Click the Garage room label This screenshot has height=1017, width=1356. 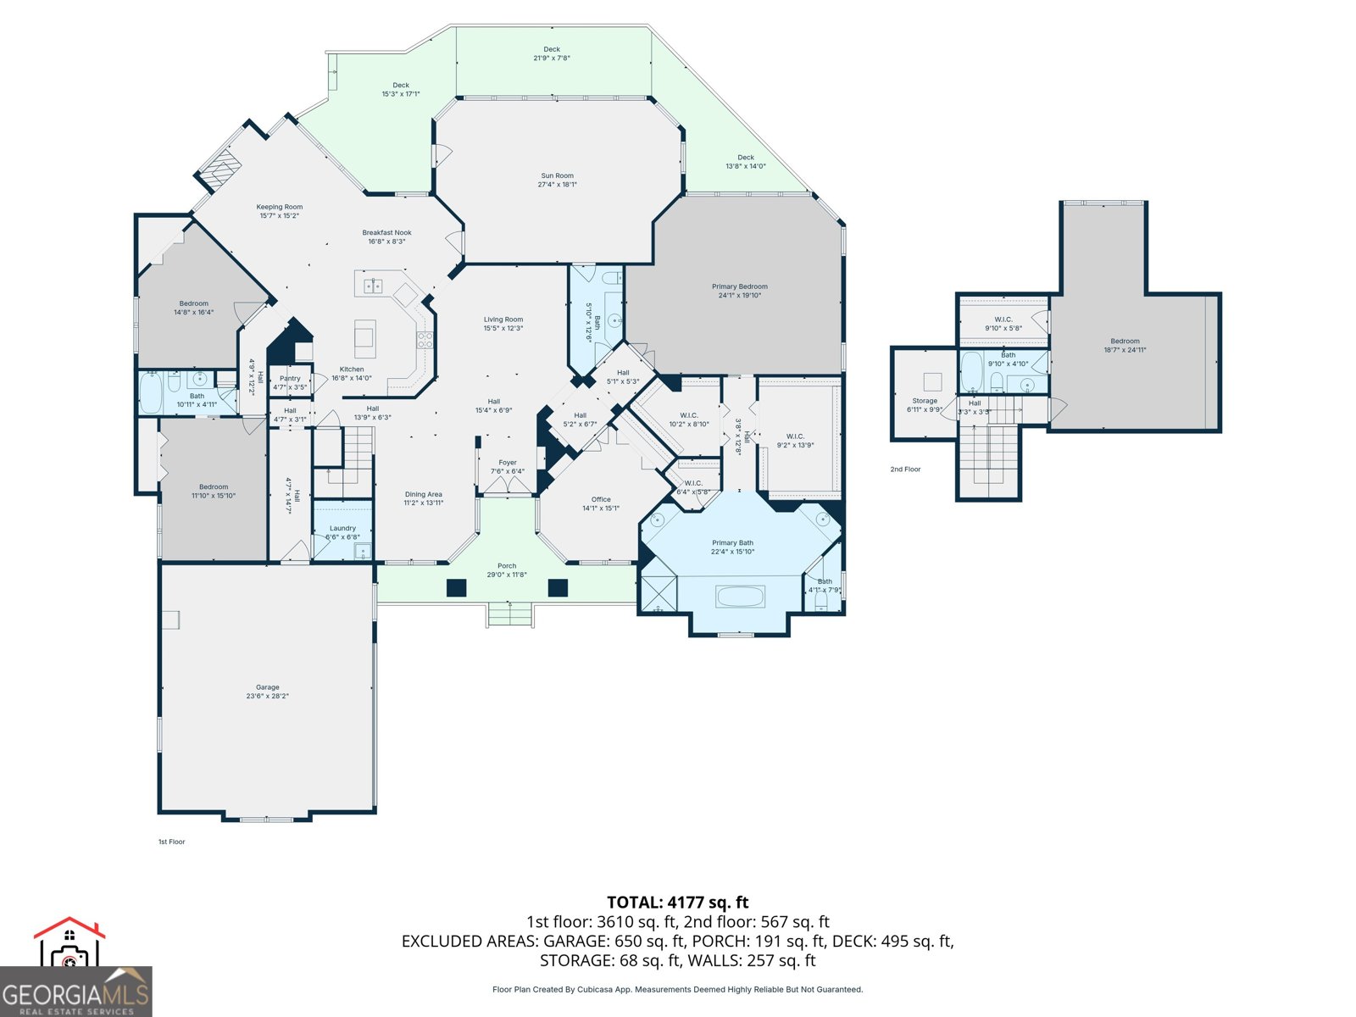click(268, 687)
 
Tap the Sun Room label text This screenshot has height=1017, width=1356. click(558, 176)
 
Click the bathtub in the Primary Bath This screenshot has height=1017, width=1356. click(740, 596)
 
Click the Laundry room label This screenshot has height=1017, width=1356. click(342, 528)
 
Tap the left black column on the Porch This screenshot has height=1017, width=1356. click(457, 587)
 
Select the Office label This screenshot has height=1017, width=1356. click(601, 500)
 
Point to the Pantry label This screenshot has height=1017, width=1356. click(290, 379)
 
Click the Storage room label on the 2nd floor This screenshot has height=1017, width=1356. click(925, 401)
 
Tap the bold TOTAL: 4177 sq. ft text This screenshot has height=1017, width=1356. click(677, 903)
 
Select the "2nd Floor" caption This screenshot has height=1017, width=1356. click(905, 469)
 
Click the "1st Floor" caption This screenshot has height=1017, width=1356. click(171, 842)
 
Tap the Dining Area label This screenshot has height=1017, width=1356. click(423, 494)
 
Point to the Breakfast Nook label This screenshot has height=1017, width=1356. click(386, 232)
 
